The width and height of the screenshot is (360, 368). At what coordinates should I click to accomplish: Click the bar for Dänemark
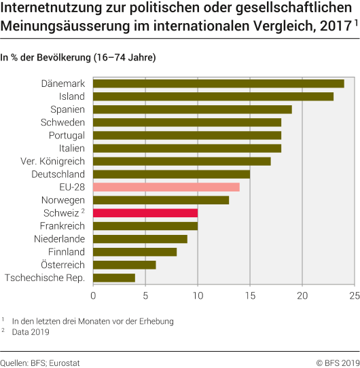coord(218,84)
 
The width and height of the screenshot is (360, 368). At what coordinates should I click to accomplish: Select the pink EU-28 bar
coord(166,187)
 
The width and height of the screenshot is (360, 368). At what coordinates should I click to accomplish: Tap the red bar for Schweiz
coord(145,213)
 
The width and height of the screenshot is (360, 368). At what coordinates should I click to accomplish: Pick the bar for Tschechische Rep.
coord(114,278)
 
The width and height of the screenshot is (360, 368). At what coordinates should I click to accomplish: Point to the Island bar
coord(213,96)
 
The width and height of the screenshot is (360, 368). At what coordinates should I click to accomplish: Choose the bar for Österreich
coord(124,265)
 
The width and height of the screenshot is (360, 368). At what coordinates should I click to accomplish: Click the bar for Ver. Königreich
coord(182,161)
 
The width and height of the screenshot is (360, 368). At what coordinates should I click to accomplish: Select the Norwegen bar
coord(161,200)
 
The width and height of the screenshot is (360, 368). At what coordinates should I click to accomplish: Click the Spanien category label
coord(67,109)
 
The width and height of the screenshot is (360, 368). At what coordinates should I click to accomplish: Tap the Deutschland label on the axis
coord(58,174)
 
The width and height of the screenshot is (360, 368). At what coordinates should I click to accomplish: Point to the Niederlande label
coord(59,238)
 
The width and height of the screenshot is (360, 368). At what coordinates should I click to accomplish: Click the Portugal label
coord(67,135)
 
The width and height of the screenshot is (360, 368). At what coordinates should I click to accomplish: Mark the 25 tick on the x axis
coord(354,296)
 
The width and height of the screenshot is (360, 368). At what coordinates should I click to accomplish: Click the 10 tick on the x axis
coord(198,296)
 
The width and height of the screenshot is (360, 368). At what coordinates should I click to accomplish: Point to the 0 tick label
coord(93,296)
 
